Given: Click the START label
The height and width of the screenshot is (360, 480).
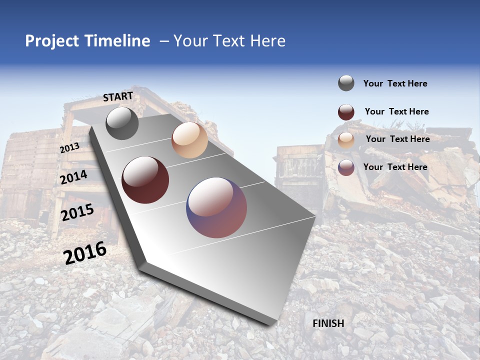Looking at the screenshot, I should pos(118,96).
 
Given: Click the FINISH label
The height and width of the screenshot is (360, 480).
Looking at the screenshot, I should pos(328,323).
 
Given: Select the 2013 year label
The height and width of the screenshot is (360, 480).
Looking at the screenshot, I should pos(69,148).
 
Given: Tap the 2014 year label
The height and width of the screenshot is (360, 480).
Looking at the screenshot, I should pos(74,177).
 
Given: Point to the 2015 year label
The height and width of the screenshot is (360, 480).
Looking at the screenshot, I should pos(77,212).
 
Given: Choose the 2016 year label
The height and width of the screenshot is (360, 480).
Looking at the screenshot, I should pos(85,252).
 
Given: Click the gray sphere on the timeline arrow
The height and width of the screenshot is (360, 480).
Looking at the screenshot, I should pos(122,123).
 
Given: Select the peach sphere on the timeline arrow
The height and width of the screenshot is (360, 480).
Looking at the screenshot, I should pos(189,140).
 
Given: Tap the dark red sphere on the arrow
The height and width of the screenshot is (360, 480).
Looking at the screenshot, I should pos(145,180).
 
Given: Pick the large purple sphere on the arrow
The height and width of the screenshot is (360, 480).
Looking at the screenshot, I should pos(216,207).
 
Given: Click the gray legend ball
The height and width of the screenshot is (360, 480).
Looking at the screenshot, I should pos(346,83).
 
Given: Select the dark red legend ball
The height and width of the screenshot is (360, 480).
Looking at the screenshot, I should pos(346,112).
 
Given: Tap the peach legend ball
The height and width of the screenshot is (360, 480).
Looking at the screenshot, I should pos(346,140).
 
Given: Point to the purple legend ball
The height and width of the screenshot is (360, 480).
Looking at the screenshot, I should pos(346,167).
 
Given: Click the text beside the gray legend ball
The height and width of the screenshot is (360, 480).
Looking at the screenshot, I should pos(395,83).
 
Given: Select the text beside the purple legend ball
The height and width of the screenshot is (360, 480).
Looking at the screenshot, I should pos(395,167).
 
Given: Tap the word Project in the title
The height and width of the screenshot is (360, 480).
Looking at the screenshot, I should pos(52,41).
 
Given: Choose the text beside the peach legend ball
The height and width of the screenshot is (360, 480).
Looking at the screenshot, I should pos(397,139).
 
